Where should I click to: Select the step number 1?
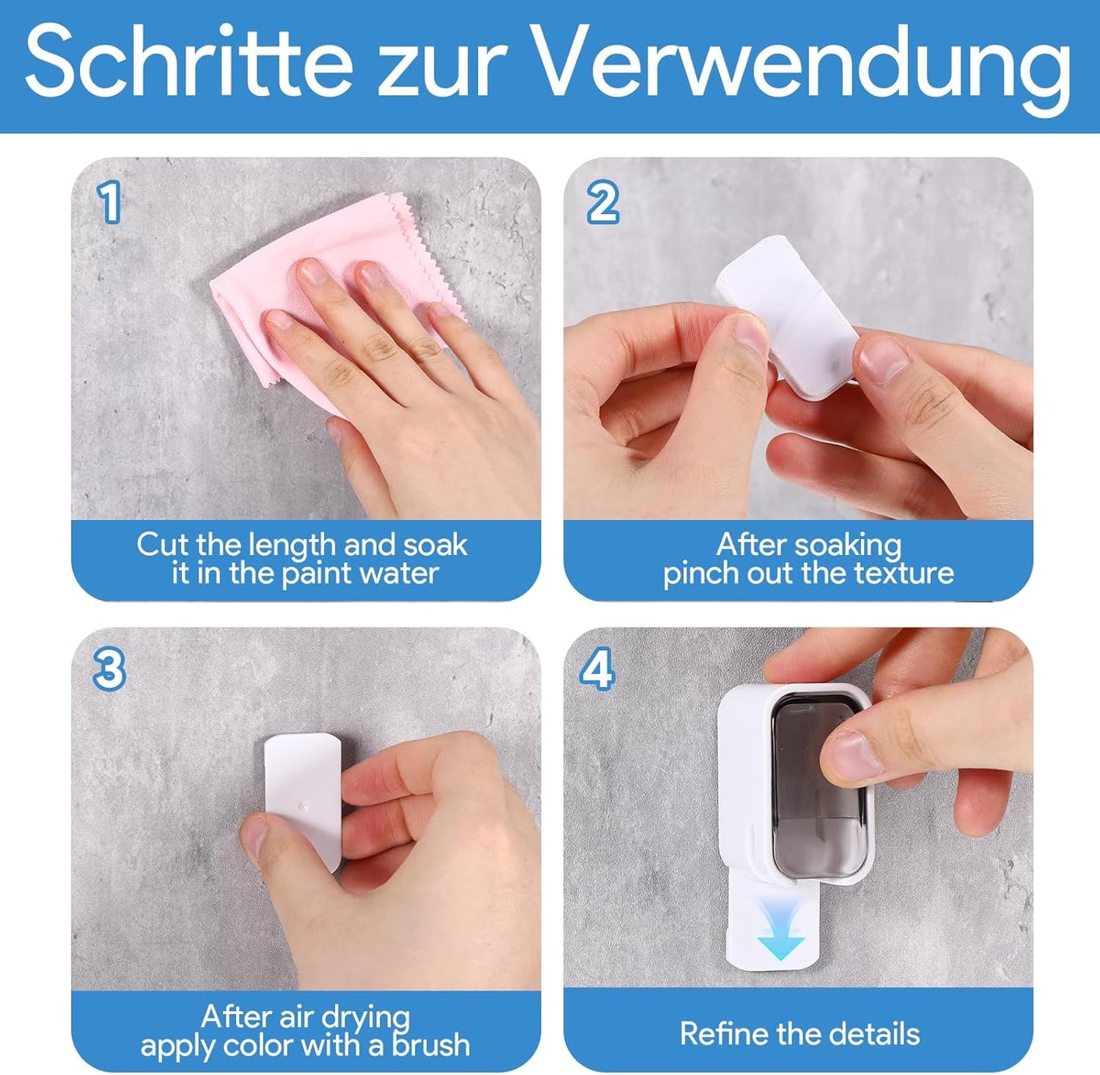point(109,203)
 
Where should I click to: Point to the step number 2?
point(603,203)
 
